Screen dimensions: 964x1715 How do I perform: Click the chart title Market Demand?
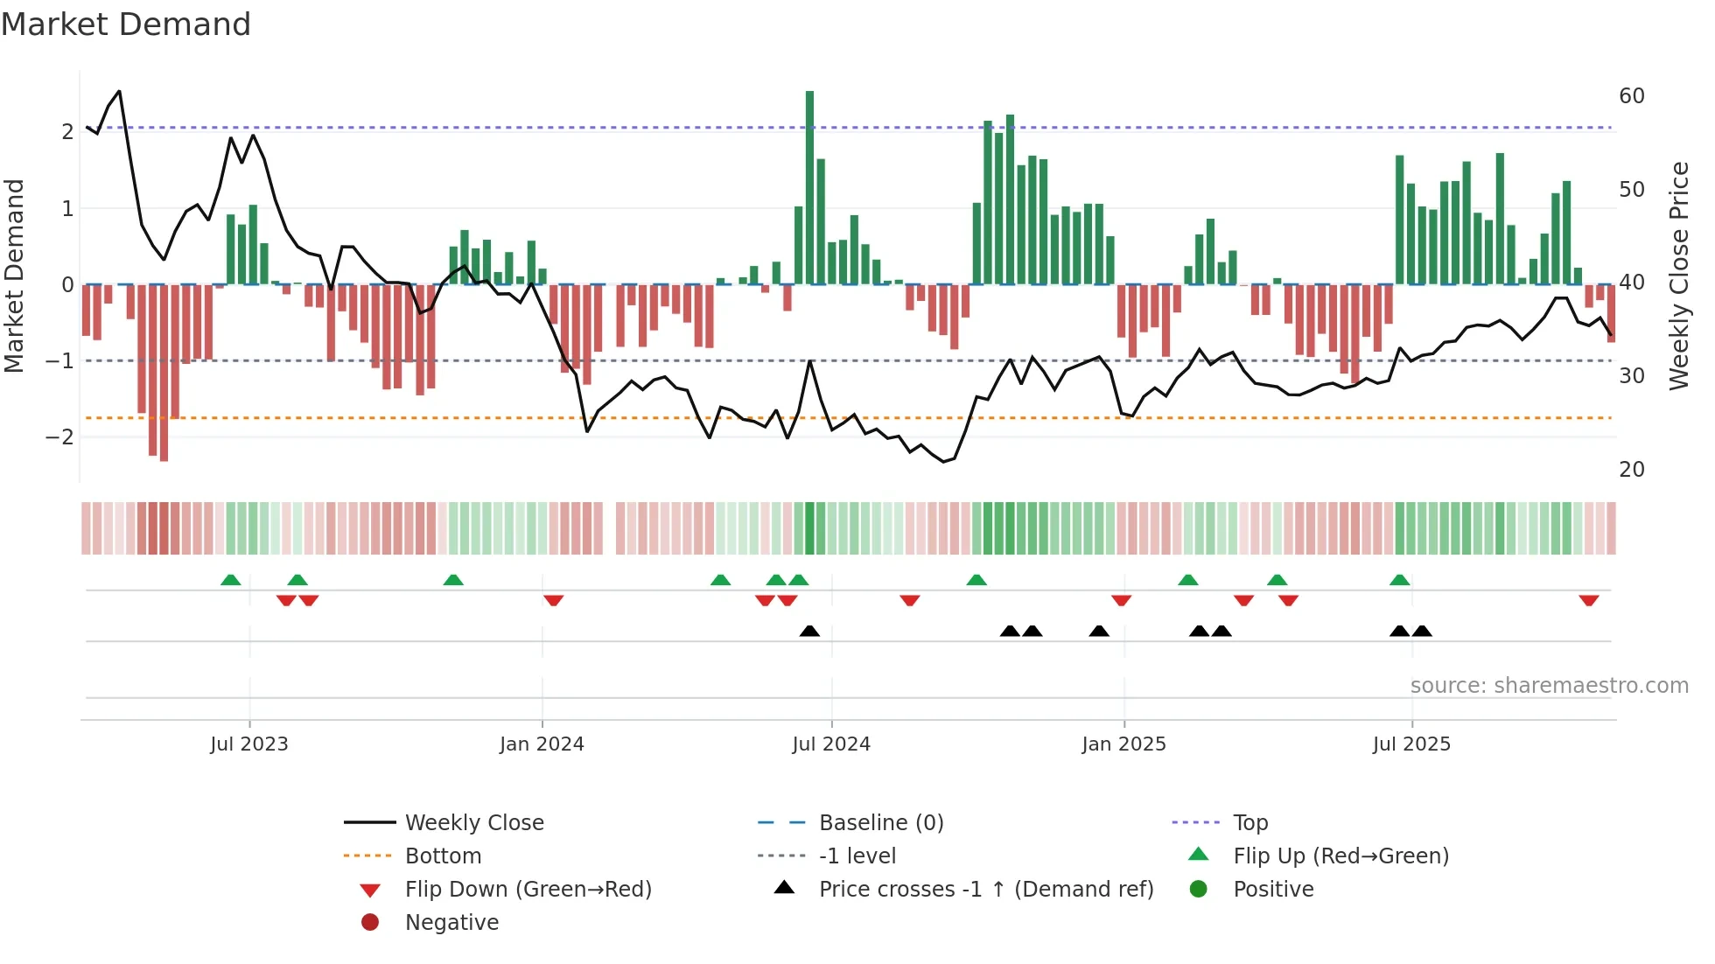click(126, 24)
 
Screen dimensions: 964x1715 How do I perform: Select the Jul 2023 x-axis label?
click(249, 744)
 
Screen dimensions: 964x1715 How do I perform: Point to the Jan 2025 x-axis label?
click(1123, 744)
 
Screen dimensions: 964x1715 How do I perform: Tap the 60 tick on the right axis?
click(1631, 96)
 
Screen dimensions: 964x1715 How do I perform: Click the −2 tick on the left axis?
click(60, 437)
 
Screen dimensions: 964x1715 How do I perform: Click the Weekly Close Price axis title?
click(1678, 276)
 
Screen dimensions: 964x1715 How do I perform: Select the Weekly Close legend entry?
click(473, 823)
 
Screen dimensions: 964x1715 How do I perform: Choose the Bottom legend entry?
click(443, 856)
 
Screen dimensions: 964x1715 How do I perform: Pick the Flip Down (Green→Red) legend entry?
click(528, 890)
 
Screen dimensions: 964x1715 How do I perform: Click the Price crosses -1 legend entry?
click(985, 890)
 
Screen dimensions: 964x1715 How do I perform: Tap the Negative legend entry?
click(451, 923)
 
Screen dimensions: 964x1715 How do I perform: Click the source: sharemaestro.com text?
click(1549, 686)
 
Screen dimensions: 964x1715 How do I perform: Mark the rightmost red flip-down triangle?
click(1589, 600)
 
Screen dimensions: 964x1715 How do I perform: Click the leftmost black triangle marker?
click(809, 631)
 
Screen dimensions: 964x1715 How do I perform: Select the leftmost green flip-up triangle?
click(230, 580)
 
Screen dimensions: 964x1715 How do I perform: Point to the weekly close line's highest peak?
click(119, 91)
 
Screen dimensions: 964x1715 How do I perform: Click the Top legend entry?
click(1249, 823)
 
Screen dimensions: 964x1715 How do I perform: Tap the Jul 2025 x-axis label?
click(1411, 744)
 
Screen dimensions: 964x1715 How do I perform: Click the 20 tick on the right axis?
click(1631, 470)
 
